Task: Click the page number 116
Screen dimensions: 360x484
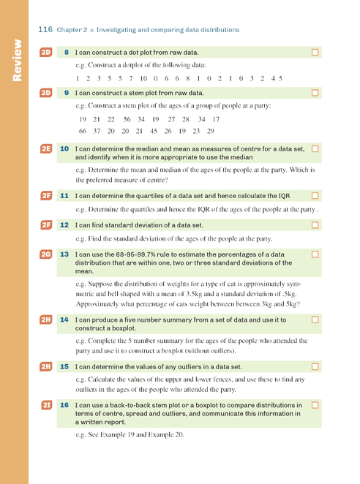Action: point(45,30)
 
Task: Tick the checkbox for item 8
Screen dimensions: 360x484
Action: point(315,53)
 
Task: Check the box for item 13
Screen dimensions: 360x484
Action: point(315,254)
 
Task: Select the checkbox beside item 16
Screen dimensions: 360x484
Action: point(315,404)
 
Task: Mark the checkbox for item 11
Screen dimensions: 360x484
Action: point(315,196)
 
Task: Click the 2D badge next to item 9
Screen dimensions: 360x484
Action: point(46,93)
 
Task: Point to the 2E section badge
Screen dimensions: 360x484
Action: point(46,148)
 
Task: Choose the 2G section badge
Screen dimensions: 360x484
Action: point(46,254)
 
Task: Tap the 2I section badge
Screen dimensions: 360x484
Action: point(46,404)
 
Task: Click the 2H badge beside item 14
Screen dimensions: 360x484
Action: point(46,320)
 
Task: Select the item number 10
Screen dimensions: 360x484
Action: point(64,148)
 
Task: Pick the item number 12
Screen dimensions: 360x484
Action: point(64,225)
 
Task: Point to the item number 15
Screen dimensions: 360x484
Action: point(64,366)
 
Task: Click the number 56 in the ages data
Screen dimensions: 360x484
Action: point(127,119)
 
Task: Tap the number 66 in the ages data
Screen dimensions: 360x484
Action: point(83,131)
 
